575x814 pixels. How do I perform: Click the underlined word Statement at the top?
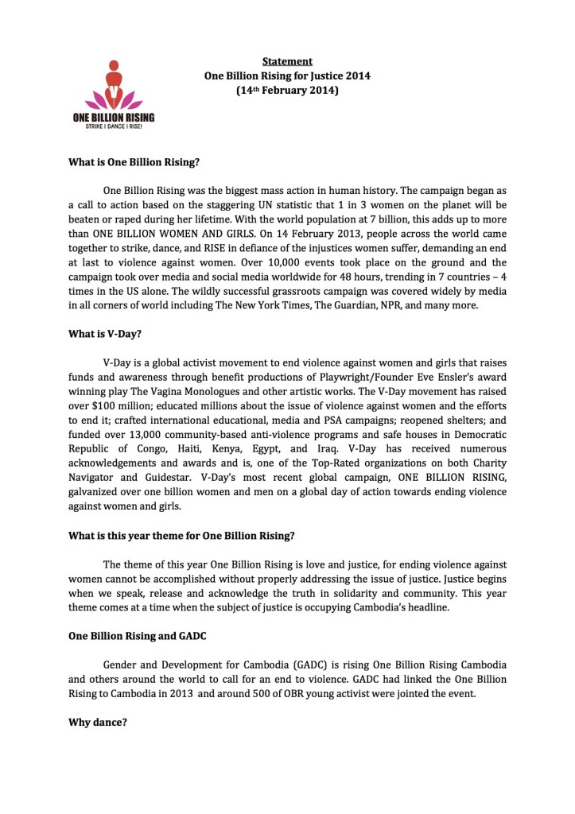(287, 61)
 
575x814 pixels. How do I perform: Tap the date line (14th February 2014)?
(287, 91)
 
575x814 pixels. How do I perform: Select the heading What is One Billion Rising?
(134, 162)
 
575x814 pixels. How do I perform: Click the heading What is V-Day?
(99, 335)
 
